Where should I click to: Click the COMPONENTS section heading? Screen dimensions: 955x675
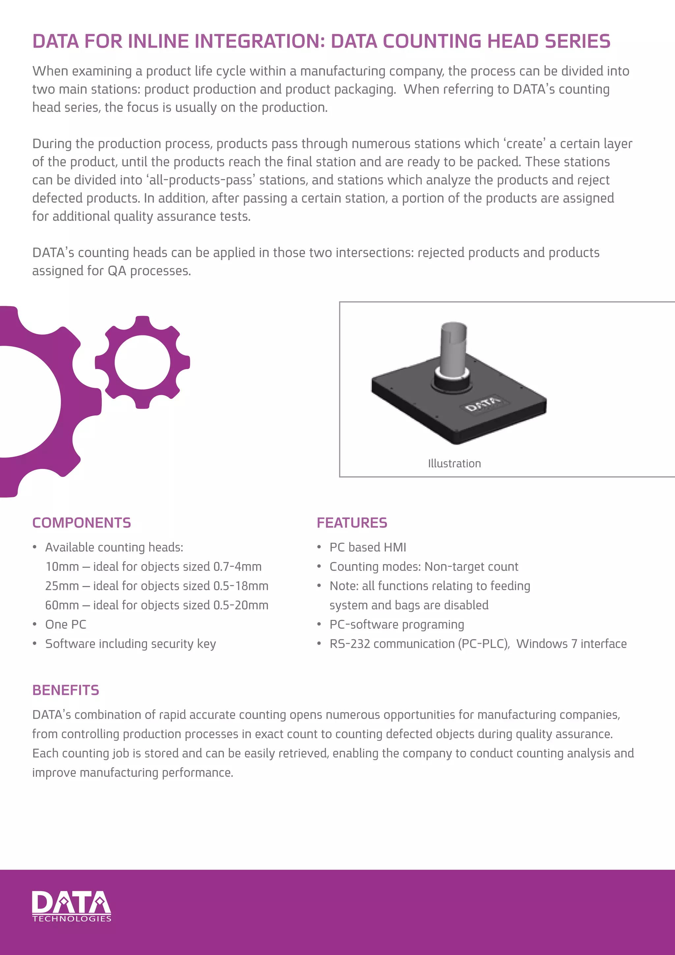pyautogui.click(x=81, y=523)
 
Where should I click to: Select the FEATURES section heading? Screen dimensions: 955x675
pyautogui.click(x=352, y=523)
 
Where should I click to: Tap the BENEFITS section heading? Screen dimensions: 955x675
pyautogui.click(x=66, y=690)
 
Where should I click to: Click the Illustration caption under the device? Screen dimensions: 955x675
pyautogui.click(x=454, y=463)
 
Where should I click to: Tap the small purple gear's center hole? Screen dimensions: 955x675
pyautogui.click(x=142, y=362)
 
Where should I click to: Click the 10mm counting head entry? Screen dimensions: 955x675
pyautogui.click(x=153, y=567)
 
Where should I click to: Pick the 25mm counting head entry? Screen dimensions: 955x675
pyautogui.click(x=157, y=586)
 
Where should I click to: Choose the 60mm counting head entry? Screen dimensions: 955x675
pyautogui.click(x=157, y=605)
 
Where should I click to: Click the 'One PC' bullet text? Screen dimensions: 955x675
pyautogui.click(x=66, y=624)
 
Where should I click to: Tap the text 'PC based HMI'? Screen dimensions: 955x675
pyautogui.click(x=368, y=547)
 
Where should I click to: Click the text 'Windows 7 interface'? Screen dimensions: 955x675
pyautogui.click(x=572, y=644)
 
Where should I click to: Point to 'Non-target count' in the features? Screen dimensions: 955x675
pyautogui.click(x=471, y=567)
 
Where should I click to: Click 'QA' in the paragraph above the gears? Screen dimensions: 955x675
pyautogui.click(x=117, y=271)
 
